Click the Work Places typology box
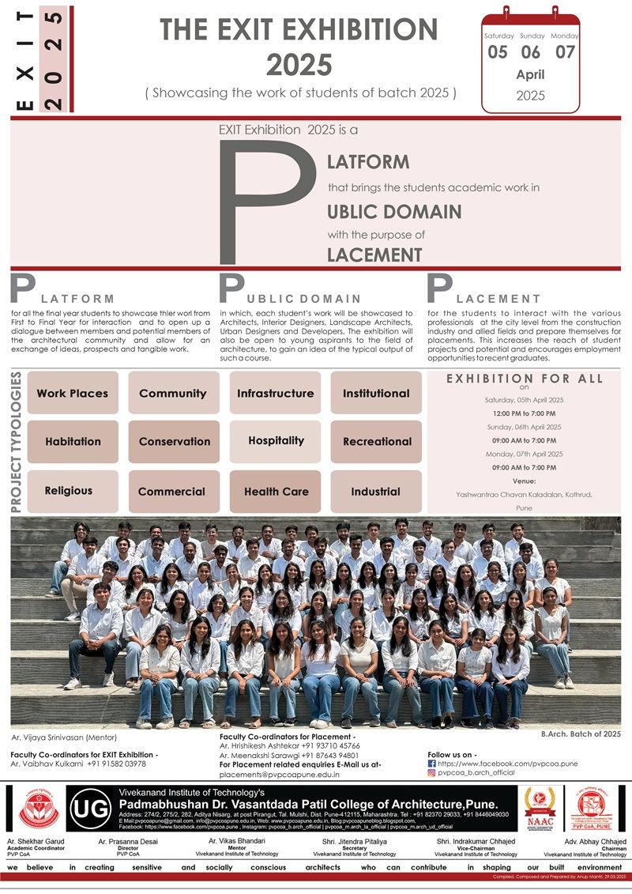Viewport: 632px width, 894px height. click(x=73, y=393)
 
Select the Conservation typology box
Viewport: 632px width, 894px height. click(x=174, y=442)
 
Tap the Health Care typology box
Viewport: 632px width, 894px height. click(x=276, y=491)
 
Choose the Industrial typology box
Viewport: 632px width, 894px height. click(x=376, y=491)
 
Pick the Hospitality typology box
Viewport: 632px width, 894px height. click(x=276, y=441)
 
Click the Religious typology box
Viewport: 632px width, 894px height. click(x=69, y=491)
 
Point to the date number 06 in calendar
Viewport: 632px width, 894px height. click(x=531, y=53)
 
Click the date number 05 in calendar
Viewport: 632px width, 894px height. click(x=498, y=53)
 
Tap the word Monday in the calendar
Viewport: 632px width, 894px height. click(x=565, y=36)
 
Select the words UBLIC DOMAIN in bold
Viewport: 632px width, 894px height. click(x=394, y=212)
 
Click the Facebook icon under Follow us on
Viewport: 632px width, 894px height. click(x=431, y=764)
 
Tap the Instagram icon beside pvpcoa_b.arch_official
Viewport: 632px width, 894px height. click(x=431, y=773)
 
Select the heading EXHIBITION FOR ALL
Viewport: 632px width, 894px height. click(x=525, y=379)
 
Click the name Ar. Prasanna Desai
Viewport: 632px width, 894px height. click(x=125, y=842)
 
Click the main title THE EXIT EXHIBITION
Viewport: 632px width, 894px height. click(x=299, y=31)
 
